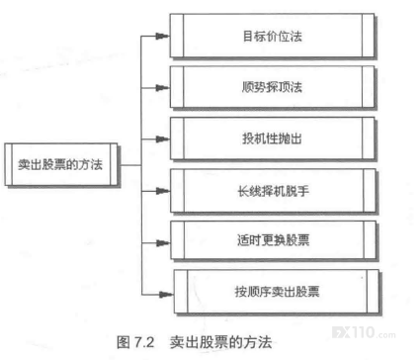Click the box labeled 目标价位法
click(272, 36)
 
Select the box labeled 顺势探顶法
click(272, 87)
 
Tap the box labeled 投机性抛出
click(273, 138)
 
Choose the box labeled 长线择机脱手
click(273, 191)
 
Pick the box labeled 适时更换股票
click(273, 240)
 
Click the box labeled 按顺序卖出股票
click(277, 292)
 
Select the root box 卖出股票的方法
click(61, 164)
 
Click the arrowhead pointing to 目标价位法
click(162, 36)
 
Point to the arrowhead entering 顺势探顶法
click(162, 88)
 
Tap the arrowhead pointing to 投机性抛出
click(163, 139)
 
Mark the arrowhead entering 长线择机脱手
click(163, 191)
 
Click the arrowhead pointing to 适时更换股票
click(163, 243)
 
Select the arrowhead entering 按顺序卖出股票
click(166, 294)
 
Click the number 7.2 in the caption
click(144, 342)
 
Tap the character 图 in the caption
click(124, 342)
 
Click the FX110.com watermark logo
click(364, 332)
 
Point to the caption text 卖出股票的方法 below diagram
click(220, 342)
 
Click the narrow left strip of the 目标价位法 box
click(177, 36)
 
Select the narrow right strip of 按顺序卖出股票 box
click(373, 292)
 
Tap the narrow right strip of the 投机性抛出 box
click(369, 138)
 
